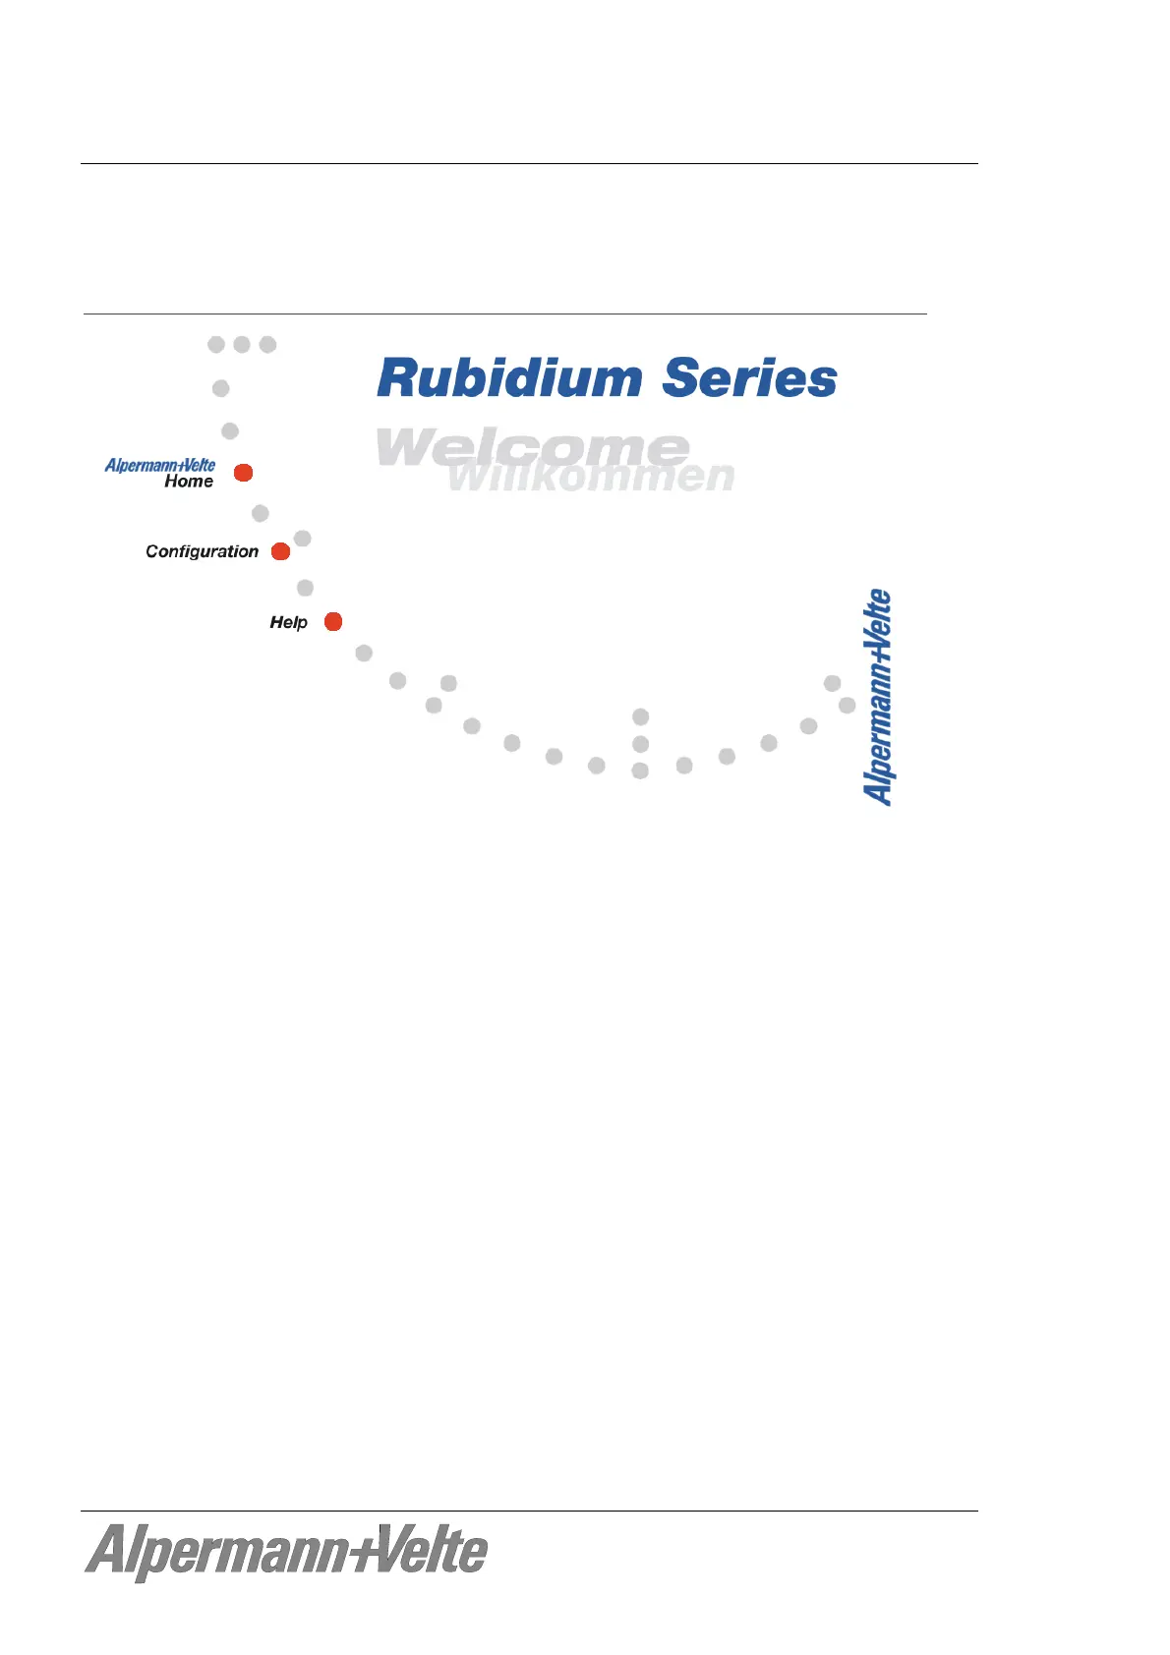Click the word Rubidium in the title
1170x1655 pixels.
pos(509,378)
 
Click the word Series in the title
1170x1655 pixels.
pos(749,378)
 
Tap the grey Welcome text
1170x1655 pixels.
pos(532,447)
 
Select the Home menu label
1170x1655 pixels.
pos(189,482)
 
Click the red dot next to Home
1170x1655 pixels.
pos(244,473)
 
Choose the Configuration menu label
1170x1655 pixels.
pos(202,551)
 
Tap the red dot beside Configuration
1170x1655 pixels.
pos(280,551)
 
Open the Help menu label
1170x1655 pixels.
pos(288,622)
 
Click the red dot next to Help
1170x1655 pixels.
pos(333,621)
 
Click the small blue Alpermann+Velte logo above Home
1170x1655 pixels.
pos(160,465)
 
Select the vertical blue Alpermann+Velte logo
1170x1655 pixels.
pos(878,698)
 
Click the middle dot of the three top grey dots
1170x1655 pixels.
pos(242,344)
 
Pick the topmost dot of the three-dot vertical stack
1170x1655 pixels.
pos(641,716)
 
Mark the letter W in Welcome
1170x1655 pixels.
pos(405,447)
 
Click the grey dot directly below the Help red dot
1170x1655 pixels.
pos(364,653)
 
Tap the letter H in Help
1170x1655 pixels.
pos(276,622)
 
